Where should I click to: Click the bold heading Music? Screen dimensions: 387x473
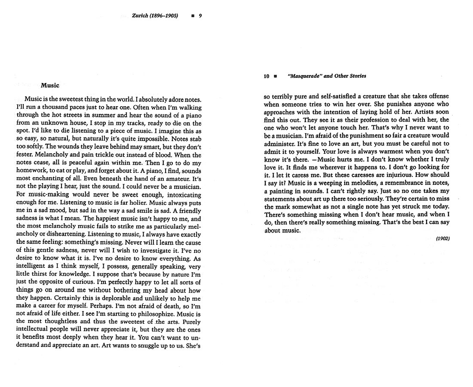click(50, 85)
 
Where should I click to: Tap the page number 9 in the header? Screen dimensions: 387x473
click(200, 16)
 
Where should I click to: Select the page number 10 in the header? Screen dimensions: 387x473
click(267, 76)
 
